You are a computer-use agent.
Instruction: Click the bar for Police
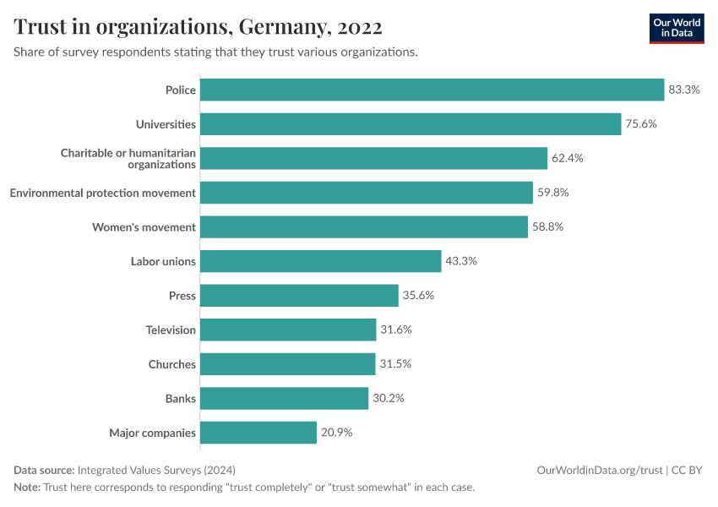pyautogui.click(x=432, y=90)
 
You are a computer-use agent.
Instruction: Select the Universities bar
pyautogui.click(x=411, y=124)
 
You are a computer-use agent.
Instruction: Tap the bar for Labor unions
pyautogui.click(x=320, y=261)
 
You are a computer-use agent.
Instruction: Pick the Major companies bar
pyautogui.click(x=258, y=433)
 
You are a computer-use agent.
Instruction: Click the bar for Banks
pyautogui.click(x=284, y=399)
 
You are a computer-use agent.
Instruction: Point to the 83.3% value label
pyautogui.click(x=684, y=90)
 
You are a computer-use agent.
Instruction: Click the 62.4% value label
pyautogui.click(x=568, y=158)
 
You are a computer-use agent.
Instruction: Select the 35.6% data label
pyautogui.click(x=418, y=296)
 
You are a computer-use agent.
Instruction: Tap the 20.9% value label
pyautogui.click(x=336, y=433)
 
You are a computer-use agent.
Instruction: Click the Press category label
pyautogui.click(x=182, y=296)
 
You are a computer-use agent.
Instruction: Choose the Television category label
pyautogui.click(x=171, y=330)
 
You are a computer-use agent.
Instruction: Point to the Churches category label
pyautogui.click(x=171, y=364)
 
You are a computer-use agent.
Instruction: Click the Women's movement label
pyautogui.click(x=144, y=227)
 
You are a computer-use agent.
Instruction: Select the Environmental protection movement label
pyautogui.click(x=102, y=193)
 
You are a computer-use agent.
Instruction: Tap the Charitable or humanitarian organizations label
pyautogui.click(x=128, y=158)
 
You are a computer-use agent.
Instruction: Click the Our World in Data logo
pyautogui.click(x=677, y=28)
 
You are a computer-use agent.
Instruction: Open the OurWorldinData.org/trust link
pyautogui.click(x=599, y=470)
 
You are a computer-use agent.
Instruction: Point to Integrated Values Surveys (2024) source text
pyautogui.click(x=156, y=470)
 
